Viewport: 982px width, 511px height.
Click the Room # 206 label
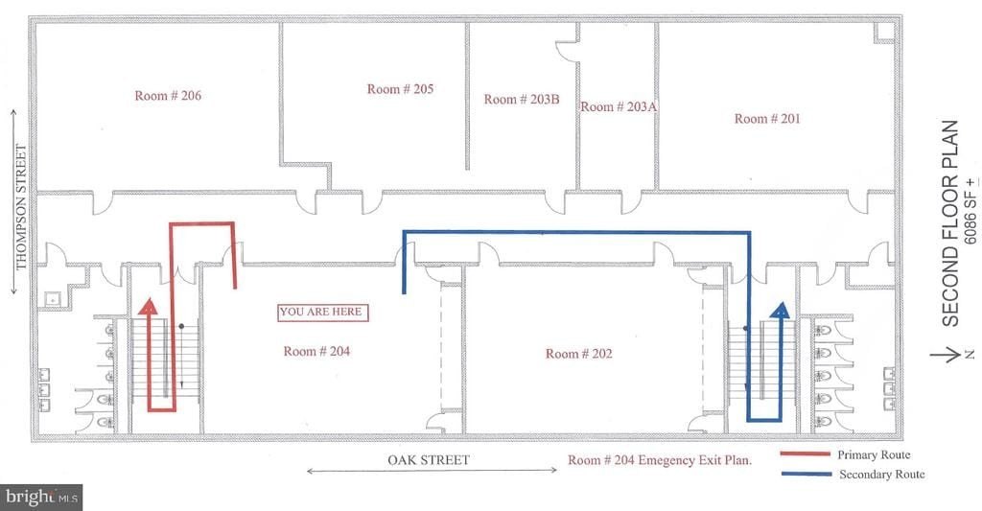click(x=168, y=96)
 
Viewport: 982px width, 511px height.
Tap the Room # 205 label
click(x=400, y=89)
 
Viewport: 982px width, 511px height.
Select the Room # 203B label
click(x=522, y=99)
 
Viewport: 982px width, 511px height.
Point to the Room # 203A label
click(x=619, y=106)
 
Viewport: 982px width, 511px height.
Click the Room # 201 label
click(x=767, y=118)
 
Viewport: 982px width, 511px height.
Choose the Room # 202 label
click(x=578, y=354)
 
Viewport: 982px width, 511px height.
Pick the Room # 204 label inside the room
click(x=316, y=351)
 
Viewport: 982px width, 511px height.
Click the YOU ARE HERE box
click(x=322, y=312)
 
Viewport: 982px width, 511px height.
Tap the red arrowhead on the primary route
click(x=148, y=306)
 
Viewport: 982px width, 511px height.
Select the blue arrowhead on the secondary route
click(x=781, y=310)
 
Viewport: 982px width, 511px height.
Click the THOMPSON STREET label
click(x=21, y=207)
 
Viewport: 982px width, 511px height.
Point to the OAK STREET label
click(x=429, y=460)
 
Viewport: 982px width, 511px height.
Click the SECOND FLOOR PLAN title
click(x=950, y=223)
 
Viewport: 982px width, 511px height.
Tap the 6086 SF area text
click(x=970, y=210)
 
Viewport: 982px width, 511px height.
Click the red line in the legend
click(x=805, y=454)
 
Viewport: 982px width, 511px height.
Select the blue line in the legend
click(x=806, y=474)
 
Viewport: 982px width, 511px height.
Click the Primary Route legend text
click(x=874, y=454)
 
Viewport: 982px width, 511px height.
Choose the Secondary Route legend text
click(x=882, y=474)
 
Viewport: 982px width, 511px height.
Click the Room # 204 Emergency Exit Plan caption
click(x=660, y=460)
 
